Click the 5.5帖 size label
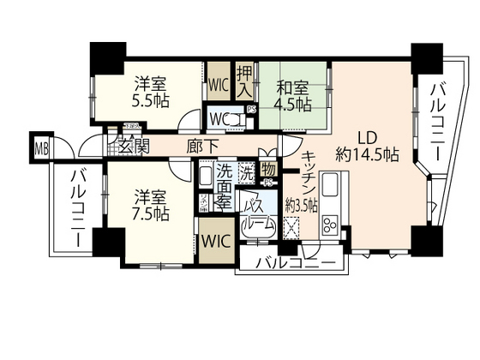pyautogui.click(x=151, y=100)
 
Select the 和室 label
pyautogui.click(x=293, y=86)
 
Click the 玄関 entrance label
pyautogui.click(x=135, y=147)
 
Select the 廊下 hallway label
pyautogui.click(x=202, y=147)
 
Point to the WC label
pyautogui.click(x=220, y=116)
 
